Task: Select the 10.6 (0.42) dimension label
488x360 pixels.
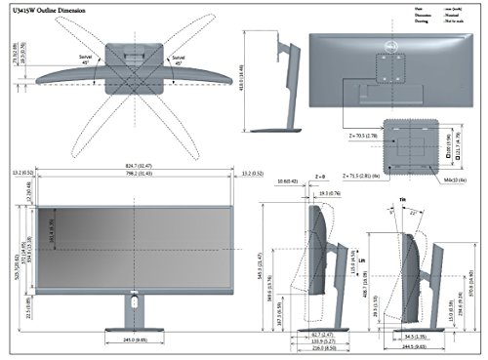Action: [287, 180]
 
